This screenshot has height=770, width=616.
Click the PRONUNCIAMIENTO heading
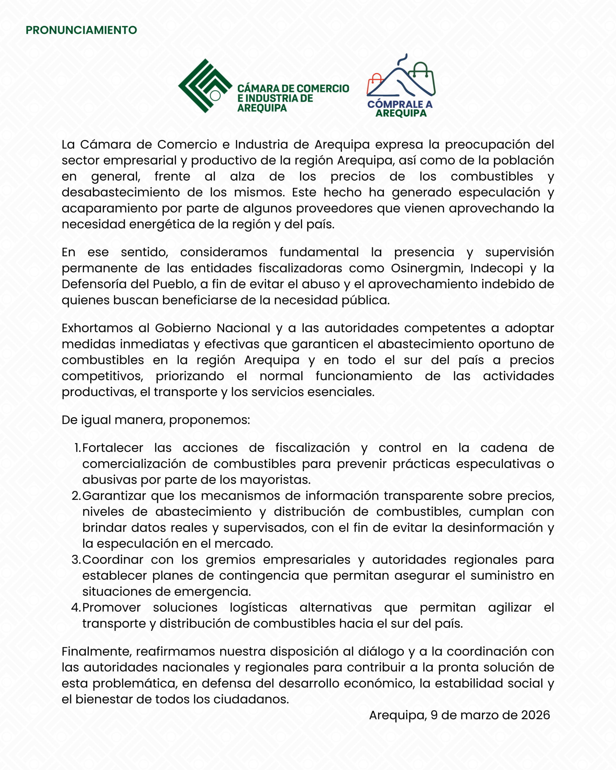click(x=81, y=30)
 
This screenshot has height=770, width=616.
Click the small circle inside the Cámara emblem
click(x=215, y=95)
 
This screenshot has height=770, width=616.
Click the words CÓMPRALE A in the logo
click(x=400, y=104)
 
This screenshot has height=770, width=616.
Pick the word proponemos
click(x=209, y=420)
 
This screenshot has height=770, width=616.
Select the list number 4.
click(x=76, y=607)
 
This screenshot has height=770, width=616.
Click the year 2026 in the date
click(x=535, y=715)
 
